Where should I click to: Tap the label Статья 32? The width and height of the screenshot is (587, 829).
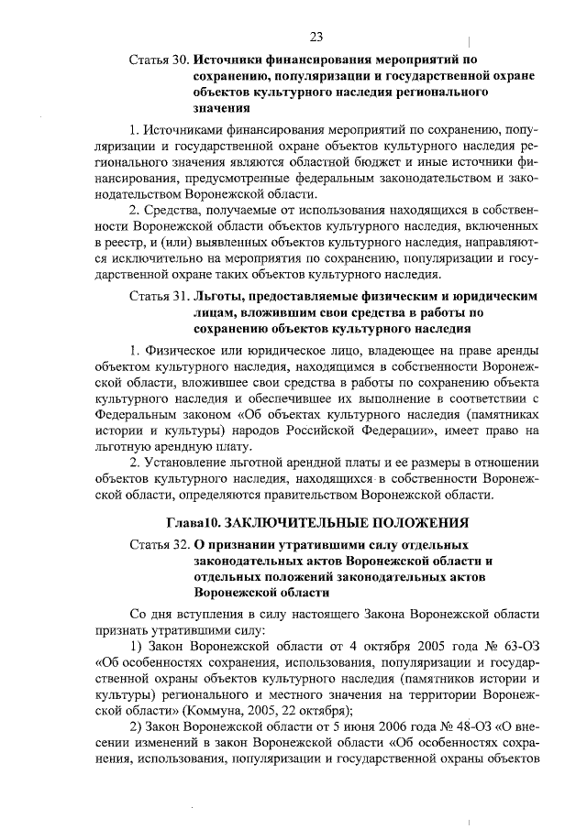(159, 543)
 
